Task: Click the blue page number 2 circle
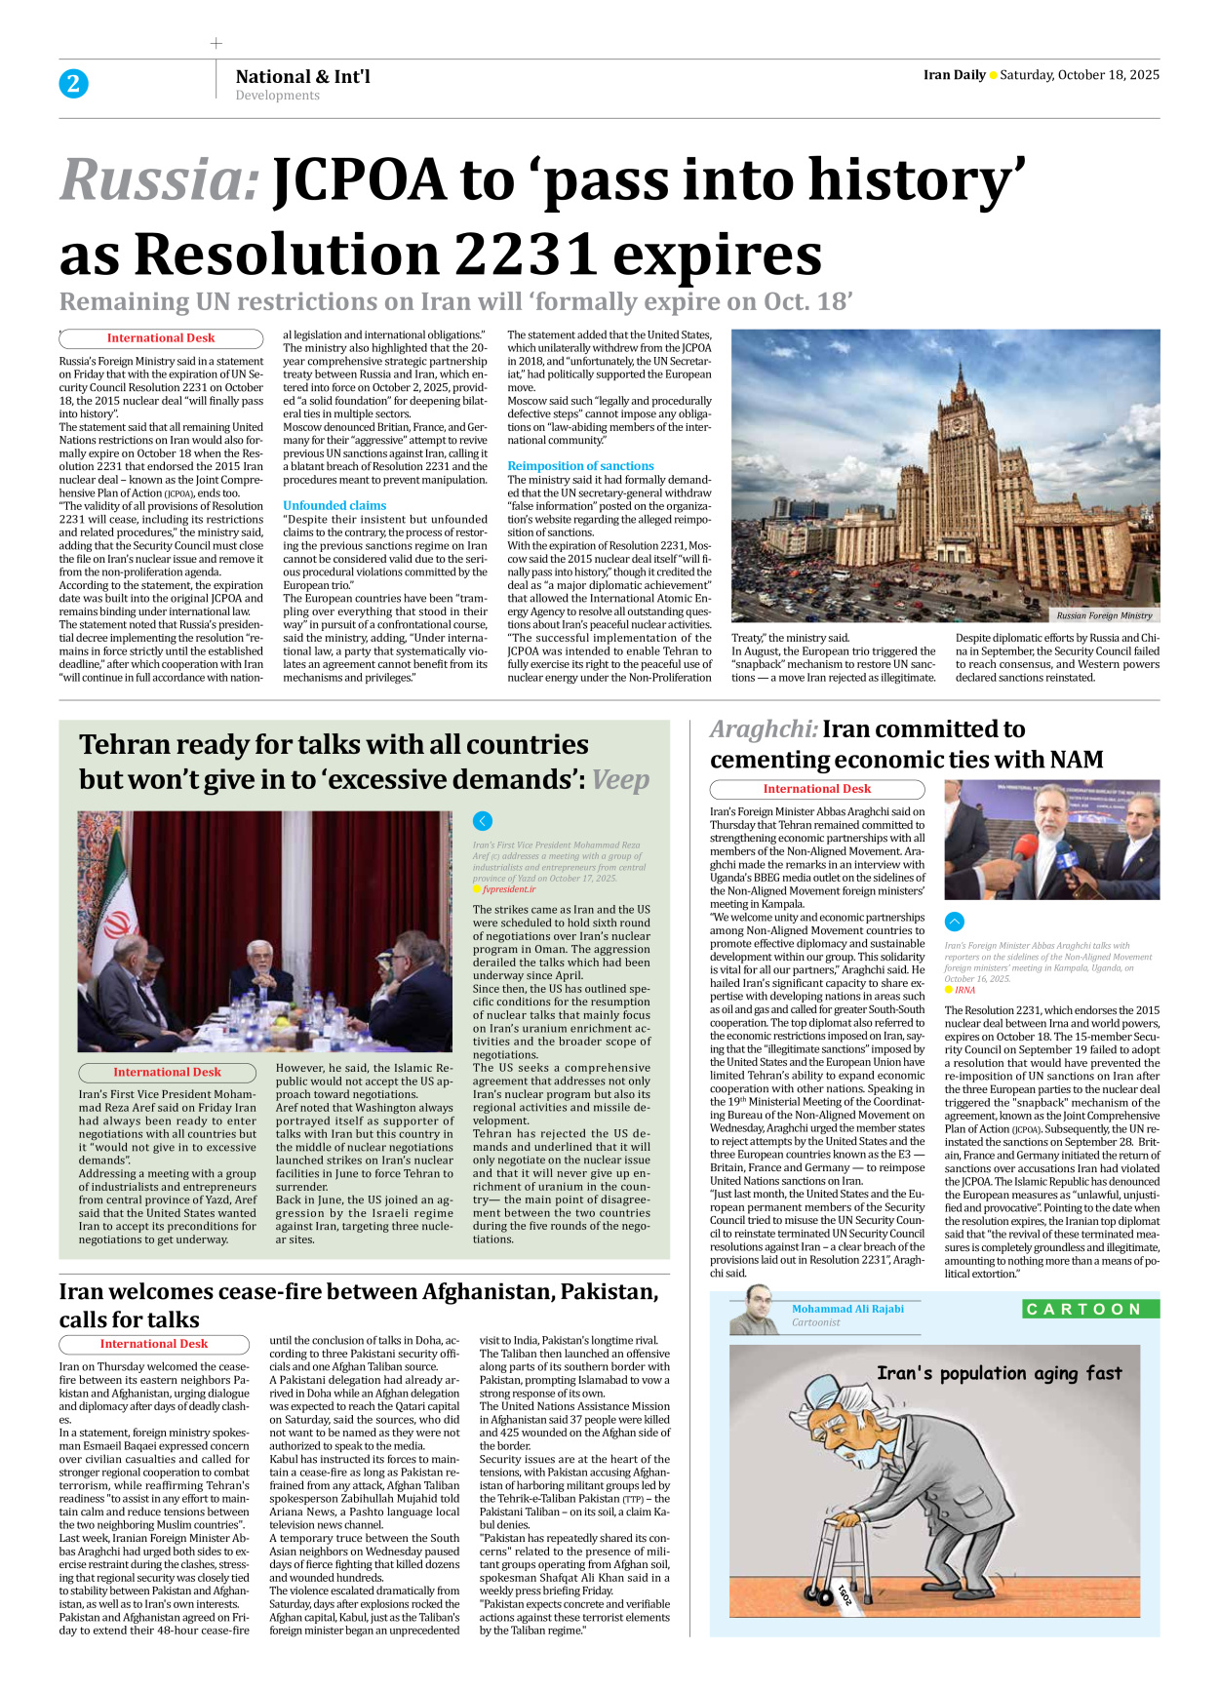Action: click(x=73, y=84)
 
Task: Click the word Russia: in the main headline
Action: click(x=160, y=180)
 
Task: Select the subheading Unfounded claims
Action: click(x=334, y=505)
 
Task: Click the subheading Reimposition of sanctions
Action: click(x=580, y=466)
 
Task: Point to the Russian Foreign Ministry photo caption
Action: click(x=1104, y=615)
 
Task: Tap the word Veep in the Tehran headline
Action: click(x=620, y=780)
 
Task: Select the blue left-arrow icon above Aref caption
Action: click(x=482, y=821)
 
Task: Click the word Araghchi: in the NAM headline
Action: click(x=763, y=729)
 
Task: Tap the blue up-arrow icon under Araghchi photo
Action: click(x=955, y=922)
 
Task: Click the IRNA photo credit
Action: click(x=964, y=990)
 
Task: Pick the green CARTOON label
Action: click(x=1090, y=1309)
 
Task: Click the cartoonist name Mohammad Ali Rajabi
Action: click(x=847, y=1309)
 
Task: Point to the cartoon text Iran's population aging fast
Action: click(x=999, y=1373)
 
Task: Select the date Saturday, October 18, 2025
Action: click(x=1080, y=75)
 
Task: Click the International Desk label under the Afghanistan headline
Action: click(x=154, y=1344)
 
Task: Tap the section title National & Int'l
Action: click(x=302, y=77)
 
